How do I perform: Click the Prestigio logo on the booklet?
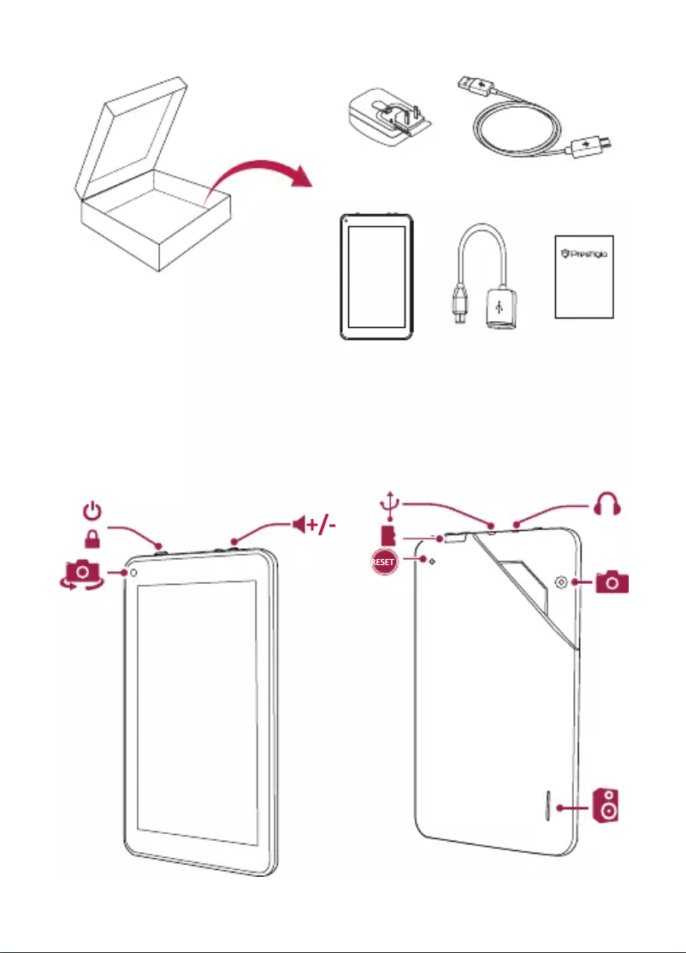click(x=583, y=253)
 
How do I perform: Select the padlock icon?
click(x=92, y=540)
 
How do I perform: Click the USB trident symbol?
click(x=390, y=505)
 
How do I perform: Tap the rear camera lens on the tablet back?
click(x=561, y=582)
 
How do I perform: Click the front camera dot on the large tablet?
click(x=133, y=573)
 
